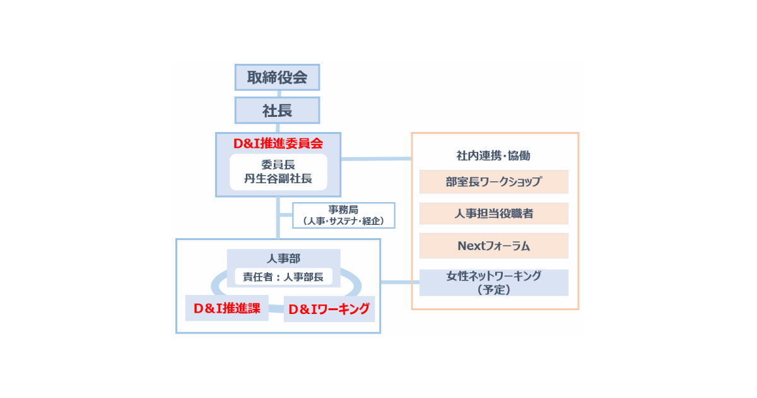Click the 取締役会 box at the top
(x=277, y=78)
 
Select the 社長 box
(x=277, y=111)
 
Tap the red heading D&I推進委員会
(x=278, y=143)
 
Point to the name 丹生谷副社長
(x=278, y=179)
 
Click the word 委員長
(x=278, y=164)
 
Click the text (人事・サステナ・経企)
(x=344, y=221)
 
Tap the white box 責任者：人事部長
(x=283, y=276)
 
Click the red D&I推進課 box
(x=227, y=308)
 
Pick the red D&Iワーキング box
(x=329, y=310)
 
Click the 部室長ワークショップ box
(x=493, y=182)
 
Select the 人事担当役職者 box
(x=493, y=214)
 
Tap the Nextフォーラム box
(x=493, y=246)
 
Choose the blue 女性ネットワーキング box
(x=493, y=276)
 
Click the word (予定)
(x=493, y=290)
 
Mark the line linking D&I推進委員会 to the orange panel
(x=376, y=158)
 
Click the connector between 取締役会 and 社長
(x=277, y=93)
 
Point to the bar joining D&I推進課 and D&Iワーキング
(x=276, y=308)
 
